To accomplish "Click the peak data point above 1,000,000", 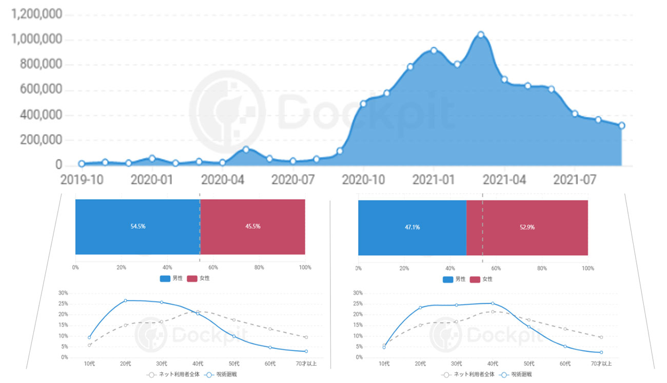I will click(481, 35).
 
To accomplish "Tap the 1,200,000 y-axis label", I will click(36, 14).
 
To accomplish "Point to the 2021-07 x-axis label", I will click(575, 180).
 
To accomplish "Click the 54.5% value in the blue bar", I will click(138, 226).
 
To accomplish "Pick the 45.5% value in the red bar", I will click(252, 226).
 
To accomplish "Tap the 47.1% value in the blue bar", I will click(412, 227).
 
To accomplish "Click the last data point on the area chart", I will click(621, 125).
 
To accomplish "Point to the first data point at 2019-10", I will click(82, 164).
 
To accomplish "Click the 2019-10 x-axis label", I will click(82, 180).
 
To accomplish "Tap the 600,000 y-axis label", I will click(36, 90).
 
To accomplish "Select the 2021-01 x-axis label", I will click(434, 180).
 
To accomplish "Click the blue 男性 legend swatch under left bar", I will click(165, 278).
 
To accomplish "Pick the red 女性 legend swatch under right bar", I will click(475, 279).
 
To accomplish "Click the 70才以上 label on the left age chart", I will click(306, 363).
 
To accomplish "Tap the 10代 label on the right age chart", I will click(384, 363).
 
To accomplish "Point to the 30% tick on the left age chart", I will click(63, 293).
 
